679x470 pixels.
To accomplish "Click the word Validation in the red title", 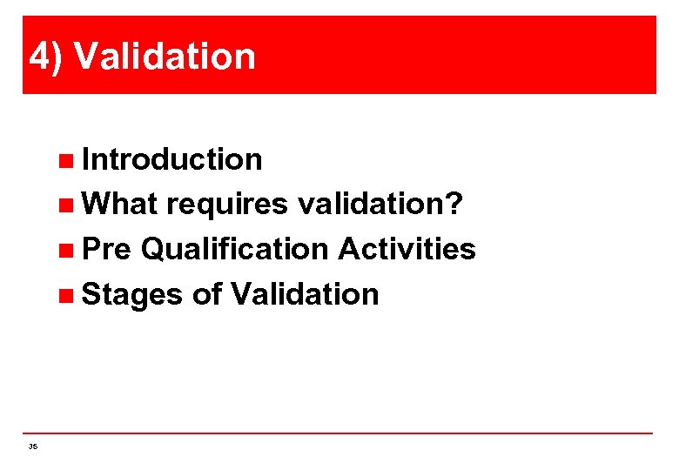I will tap(165, 57).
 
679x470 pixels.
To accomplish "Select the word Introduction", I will tap(171, 159).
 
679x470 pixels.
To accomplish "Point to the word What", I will tap(119, 205).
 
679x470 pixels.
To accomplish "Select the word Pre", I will tap(106, 250).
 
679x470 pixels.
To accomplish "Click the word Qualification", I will tap(234, 250).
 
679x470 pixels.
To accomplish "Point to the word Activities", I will tap(407, 250).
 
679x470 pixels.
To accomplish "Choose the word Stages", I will tap(132, 295).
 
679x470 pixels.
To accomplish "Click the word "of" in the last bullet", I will tap(207, 294).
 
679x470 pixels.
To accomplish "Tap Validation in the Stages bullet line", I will tap(305, 294).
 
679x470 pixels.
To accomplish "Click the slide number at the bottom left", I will tap(33, 446).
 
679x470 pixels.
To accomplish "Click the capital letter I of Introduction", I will tap(85, 159).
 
